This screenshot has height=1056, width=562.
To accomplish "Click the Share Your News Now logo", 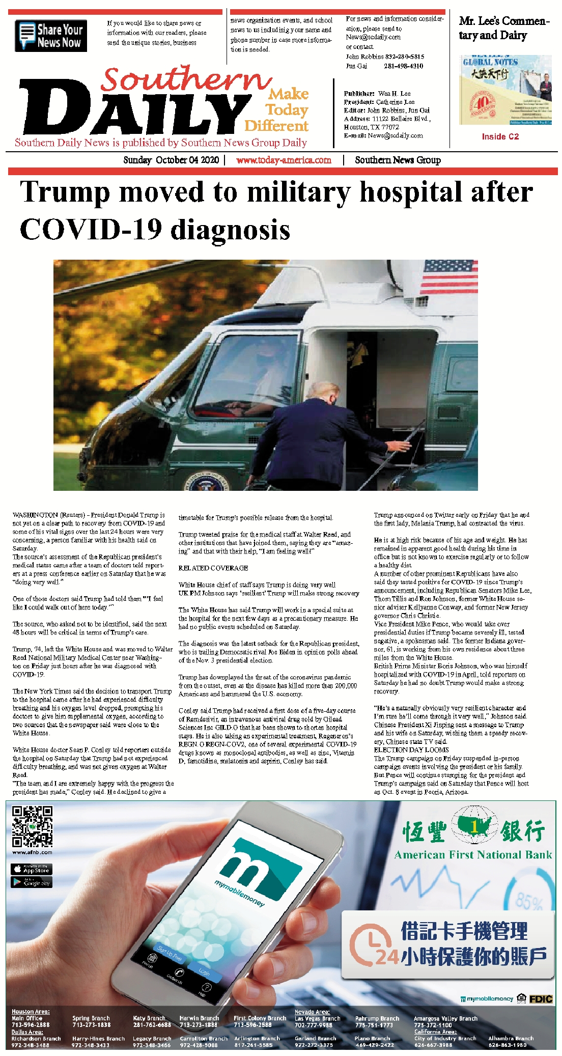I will tap(51, 36).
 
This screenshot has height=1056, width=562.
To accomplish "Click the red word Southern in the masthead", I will tap(186, 80).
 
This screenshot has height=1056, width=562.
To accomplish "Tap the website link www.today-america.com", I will tap(284, 160).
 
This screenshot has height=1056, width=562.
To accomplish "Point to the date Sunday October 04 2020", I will tap(171, 160).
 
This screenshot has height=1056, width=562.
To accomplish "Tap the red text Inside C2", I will tap(500, 136).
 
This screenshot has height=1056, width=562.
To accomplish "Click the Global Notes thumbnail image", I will tap(505, 90).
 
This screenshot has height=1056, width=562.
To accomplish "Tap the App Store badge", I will tap(32, 869).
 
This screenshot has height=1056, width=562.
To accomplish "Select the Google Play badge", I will tap(32, 881).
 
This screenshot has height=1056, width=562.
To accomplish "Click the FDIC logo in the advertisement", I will tap(541, 999).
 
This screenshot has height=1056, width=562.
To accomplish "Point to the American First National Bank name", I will tap(473, 855).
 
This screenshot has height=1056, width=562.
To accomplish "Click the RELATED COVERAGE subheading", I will tap(213, 568).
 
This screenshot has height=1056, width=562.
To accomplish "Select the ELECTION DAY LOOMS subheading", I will tap(411, 749).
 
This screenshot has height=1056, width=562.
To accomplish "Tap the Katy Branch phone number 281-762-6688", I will tap(152, 1025).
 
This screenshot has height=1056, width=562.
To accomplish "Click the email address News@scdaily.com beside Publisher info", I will tap(395, 135).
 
